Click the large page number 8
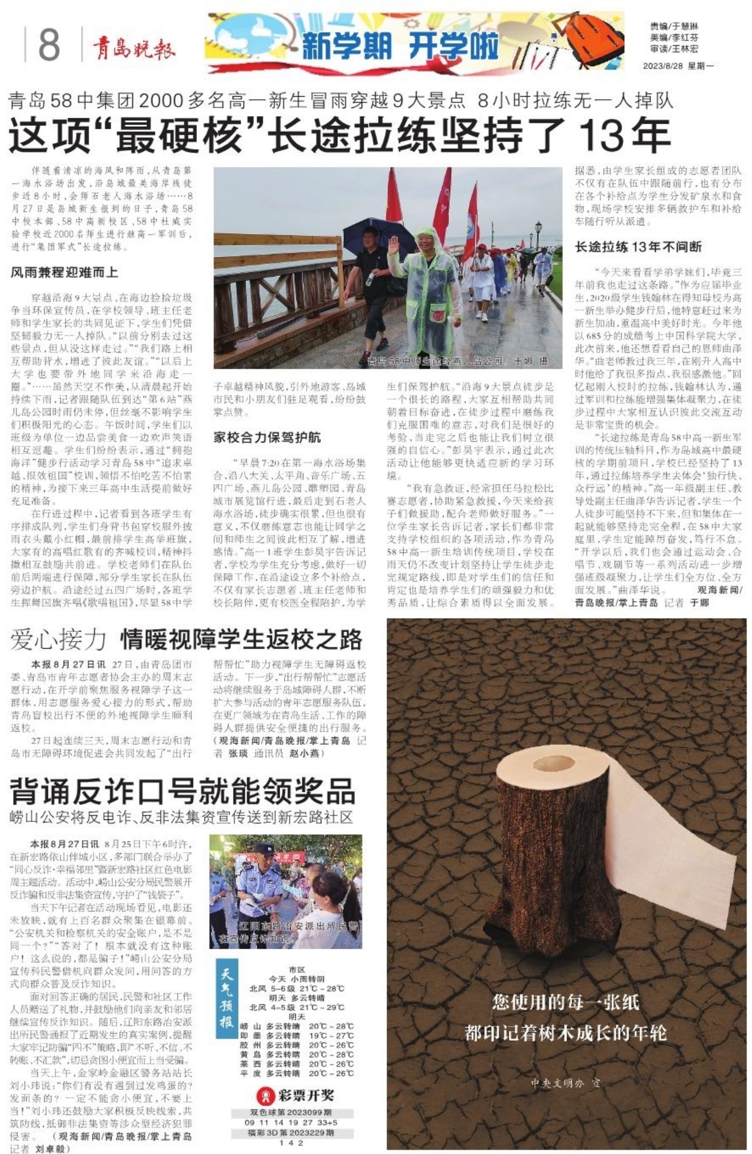point(49,44)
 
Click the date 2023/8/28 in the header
point(665,66)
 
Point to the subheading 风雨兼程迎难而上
point(64,272)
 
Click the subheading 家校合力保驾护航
point(267,437)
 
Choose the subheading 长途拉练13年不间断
point(638,246)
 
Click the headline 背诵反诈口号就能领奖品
point(182,791)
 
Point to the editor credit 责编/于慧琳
point(674,26)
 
